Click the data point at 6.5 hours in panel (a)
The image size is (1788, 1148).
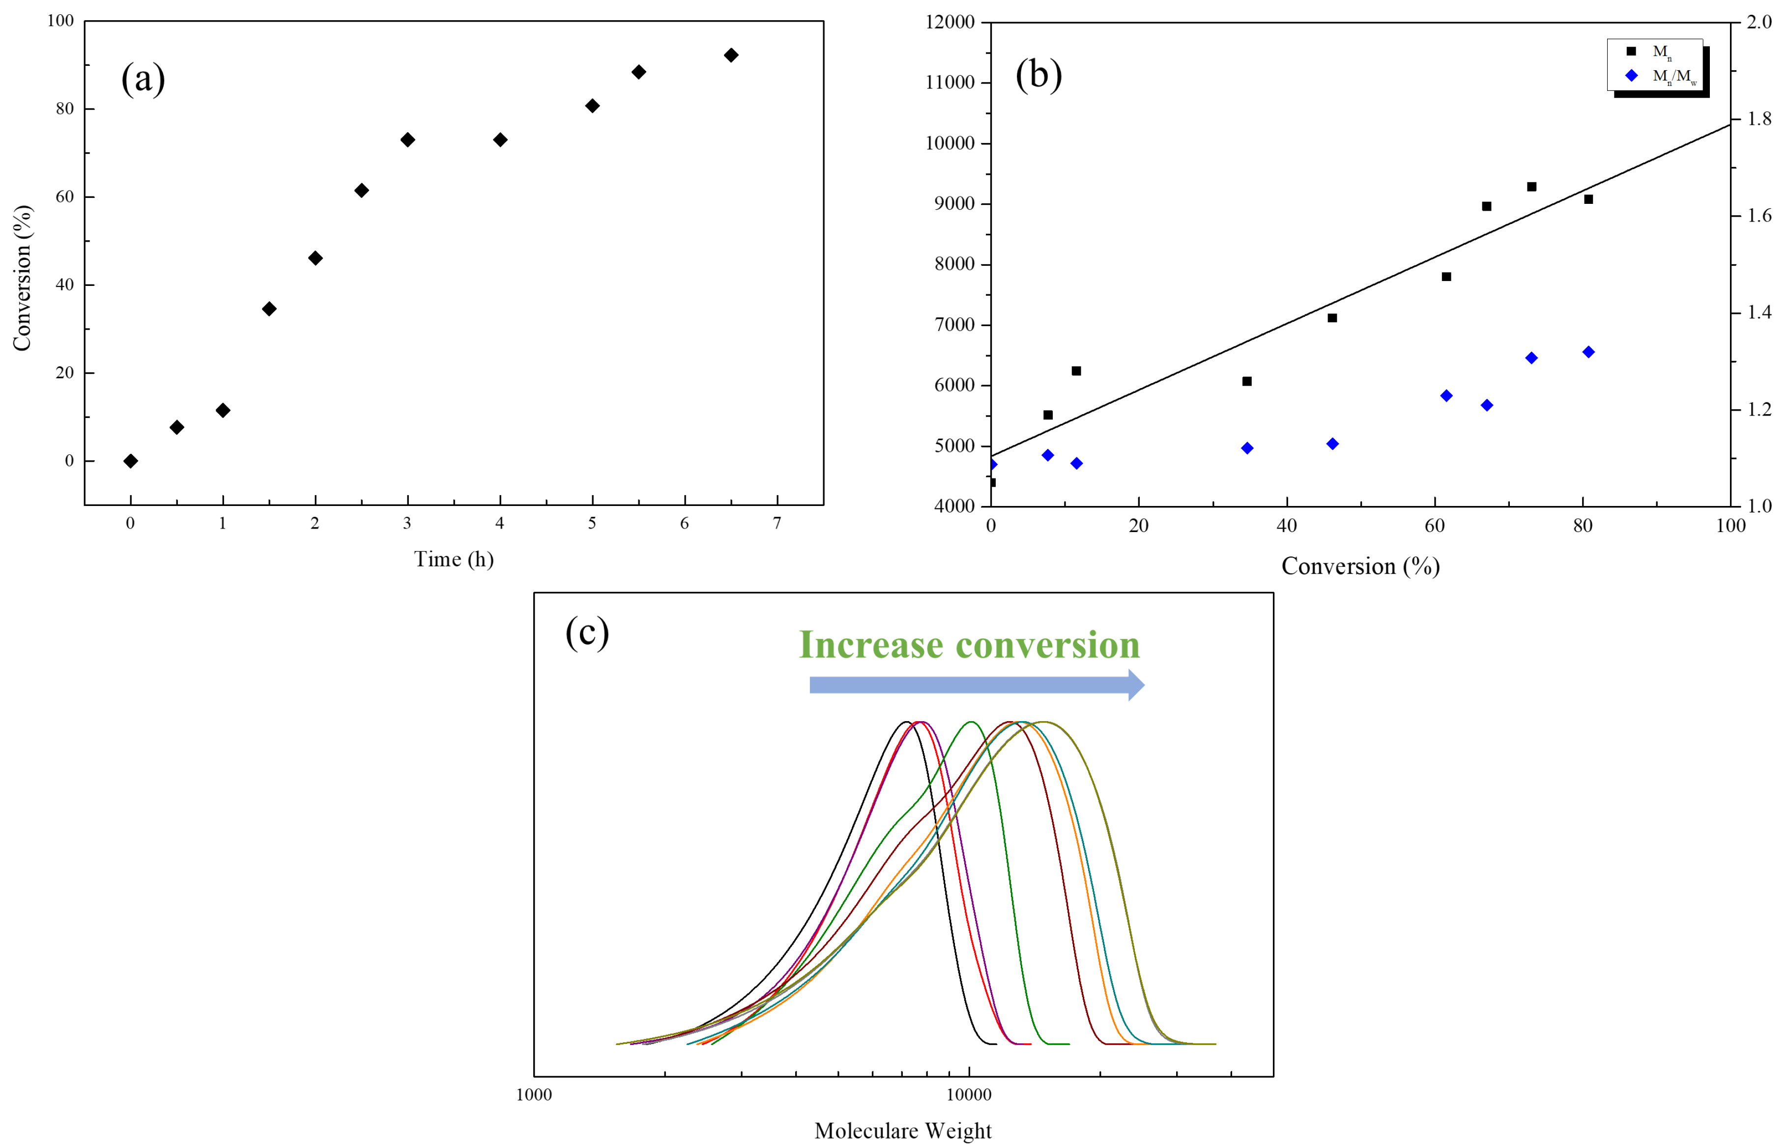731,55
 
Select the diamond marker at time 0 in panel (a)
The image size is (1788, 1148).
130,461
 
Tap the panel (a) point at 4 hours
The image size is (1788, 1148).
500,140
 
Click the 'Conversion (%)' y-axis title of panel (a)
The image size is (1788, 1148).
23,278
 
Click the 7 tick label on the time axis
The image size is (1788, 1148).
777,523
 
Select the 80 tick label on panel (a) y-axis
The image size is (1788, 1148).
65,109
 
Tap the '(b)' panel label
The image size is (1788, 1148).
1038,75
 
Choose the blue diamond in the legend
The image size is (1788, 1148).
1631,75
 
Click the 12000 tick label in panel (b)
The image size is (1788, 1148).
950,23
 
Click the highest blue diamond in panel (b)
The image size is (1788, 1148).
1588,352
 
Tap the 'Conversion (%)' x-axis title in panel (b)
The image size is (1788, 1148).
1360,566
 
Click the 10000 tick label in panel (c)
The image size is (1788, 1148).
969,1095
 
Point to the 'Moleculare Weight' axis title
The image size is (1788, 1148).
902,1131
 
